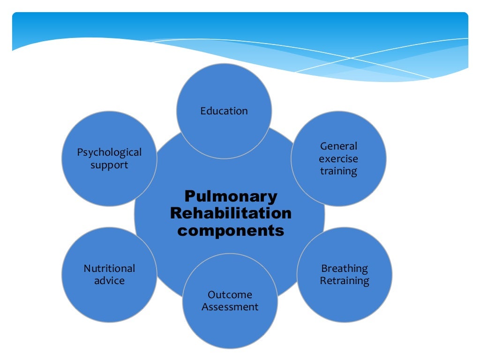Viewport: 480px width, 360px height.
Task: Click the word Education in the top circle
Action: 224,111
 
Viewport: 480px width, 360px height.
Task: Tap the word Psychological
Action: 109,152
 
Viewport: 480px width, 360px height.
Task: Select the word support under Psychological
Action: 109,165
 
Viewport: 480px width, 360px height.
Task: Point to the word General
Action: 338,146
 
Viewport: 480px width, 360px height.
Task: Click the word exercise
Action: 338,159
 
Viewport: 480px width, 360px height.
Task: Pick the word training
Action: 338,172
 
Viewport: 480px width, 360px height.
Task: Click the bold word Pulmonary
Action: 231,197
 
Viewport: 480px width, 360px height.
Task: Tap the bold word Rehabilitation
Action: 231,214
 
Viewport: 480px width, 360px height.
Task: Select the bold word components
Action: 231,231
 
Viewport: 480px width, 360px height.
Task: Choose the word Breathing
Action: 345,269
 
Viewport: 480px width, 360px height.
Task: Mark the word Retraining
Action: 345,281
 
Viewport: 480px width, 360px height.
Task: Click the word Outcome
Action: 230,295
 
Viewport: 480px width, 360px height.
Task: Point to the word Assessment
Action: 230,307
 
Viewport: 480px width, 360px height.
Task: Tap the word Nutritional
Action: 109,269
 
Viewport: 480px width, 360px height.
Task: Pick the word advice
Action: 109,281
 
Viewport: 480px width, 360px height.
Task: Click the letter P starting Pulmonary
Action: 189,196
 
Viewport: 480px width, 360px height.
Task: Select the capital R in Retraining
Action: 323,281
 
